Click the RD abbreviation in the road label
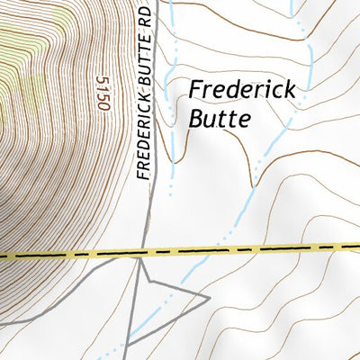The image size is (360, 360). tap(144, 17)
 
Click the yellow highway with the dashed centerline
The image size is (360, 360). tap(270, 246)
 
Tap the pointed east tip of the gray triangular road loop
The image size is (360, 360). tap(209, 294)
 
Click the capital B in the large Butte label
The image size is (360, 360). tap(196, 119)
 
